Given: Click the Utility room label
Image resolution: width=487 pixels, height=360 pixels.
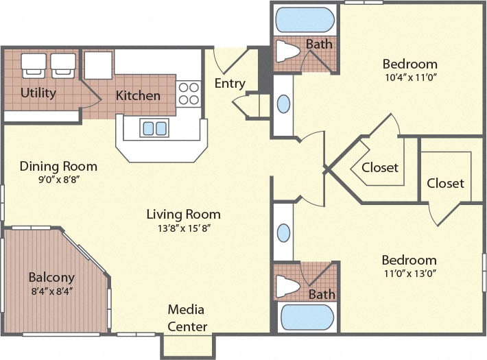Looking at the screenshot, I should pos(38,93).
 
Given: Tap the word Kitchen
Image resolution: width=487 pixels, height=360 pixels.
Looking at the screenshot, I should pos(138,95).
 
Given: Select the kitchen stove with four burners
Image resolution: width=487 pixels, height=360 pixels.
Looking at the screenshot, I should pos(189,93).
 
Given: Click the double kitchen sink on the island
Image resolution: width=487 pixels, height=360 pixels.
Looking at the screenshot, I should pos(154,128).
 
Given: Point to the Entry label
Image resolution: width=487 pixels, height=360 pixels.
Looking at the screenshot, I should pos(230,84).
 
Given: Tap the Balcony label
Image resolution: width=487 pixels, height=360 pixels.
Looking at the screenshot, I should pos(51,278).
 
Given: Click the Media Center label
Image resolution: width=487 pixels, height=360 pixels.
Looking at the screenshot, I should pos(187,319).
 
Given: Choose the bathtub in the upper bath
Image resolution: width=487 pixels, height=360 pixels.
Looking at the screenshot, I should pos(305,20).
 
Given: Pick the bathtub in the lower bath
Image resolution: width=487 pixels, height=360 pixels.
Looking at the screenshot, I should pos(306,317).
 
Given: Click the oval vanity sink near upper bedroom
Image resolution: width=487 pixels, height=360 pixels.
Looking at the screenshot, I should pos(283,104).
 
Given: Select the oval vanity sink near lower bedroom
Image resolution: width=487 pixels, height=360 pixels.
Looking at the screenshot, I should pos(283,232).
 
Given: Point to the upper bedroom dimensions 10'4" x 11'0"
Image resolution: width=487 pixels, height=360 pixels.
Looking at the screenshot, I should pos(409,77).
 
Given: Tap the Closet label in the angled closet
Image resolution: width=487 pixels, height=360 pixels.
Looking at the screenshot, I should pos(380,167).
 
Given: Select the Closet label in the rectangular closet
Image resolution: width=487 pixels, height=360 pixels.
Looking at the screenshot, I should pos(445,183).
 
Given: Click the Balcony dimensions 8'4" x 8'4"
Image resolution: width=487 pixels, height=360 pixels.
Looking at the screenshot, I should pos(51,291).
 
